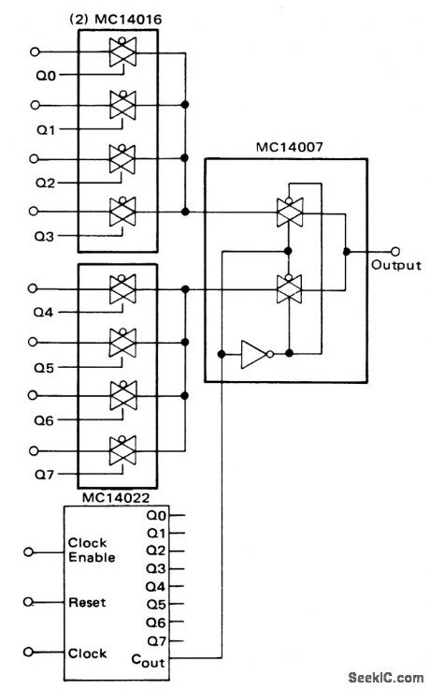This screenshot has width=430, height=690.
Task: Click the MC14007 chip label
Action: tap(285, 148)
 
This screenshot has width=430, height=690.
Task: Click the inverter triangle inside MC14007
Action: tap(253, 355)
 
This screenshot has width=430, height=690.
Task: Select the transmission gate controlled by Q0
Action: tap(122, 52)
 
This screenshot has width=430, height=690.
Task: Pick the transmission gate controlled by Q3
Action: tap(122, 212)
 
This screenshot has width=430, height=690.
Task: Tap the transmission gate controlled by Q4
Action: tap(122, 291)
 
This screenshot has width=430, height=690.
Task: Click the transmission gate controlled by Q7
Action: tap(122, 449)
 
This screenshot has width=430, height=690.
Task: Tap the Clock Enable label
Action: tap(91, 551)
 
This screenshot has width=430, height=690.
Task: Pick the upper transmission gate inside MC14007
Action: tap(289, 213)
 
